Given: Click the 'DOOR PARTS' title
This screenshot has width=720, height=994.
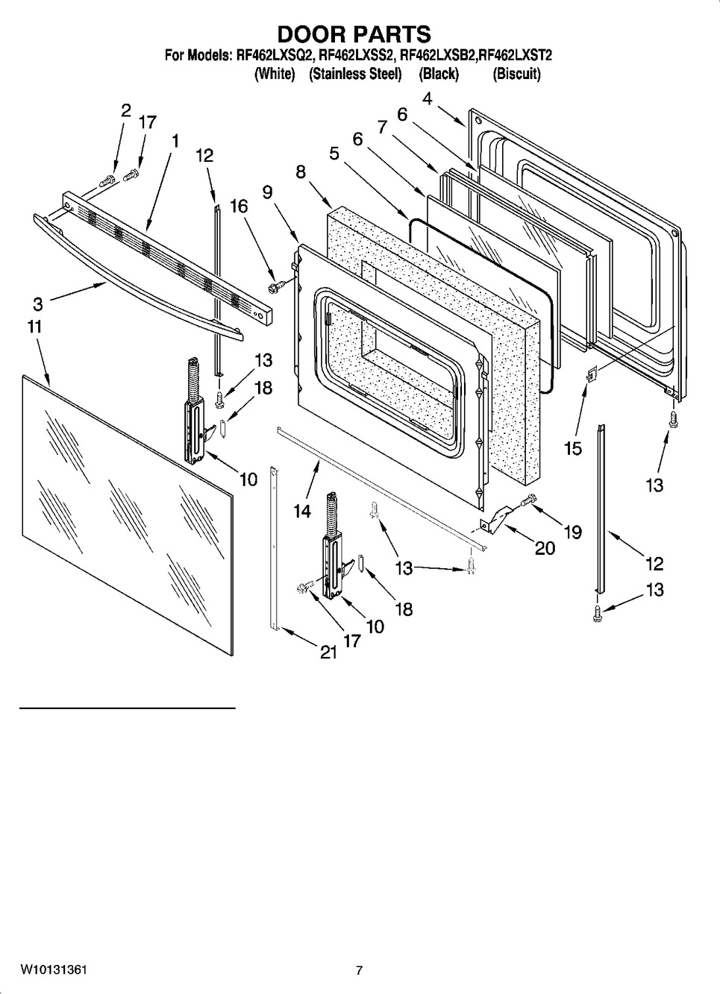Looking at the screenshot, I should point(354,34).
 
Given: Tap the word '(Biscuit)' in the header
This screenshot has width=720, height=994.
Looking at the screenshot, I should point(516,74).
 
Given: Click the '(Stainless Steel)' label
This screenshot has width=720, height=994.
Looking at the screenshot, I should point(355,74).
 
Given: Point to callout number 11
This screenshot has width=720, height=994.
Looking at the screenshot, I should point(34,327).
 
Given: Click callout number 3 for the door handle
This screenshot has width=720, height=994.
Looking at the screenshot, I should point(37,303).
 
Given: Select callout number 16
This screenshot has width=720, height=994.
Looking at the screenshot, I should point(238,207).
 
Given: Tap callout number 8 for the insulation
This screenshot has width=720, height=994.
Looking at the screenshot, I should point(301,172).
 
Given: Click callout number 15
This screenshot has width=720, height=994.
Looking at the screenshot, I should point(572,448).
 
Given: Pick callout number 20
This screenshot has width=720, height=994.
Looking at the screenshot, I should point(545,548).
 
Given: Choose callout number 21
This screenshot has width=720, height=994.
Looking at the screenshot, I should point(328,652).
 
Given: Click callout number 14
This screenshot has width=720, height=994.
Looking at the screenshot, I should point(301,512).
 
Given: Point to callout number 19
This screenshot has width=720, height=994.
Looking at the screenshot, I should point(572,532).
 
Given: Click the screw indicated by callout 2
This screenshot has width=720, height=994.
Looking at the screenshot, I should point(105,179).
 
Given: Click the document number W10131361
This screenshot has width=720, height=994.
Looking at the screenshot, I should point(53,970).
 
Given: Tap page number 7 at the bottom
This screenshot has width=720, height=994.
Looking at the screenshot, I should point(359,970).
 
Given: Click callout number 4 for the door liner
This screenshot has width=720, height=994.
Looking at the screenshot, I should point(427,98).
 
